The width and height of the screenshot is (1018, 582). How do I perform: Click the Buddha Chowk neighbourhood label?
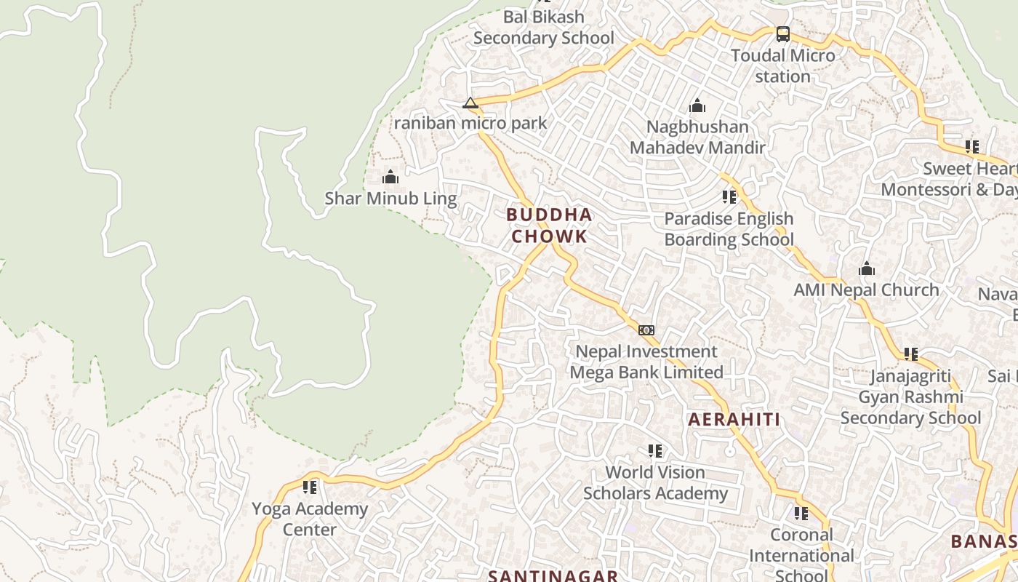click(x=549, y=226)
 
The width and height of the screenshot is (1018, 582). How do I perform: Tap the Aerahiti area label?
click(x=734, y=420)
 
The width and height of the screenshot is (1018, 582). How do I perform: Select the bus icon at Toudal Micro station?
click(x=782, y=33)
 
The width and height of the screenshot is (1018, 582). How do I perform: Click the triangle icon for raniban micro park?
click(x=470, y=103)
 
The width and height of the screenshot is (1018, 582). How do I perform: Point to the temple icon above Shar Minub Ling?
click(x=390, y=177)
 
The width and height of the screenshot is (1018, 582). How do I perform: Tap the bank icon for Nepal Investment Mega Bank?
click(x=646, y=330)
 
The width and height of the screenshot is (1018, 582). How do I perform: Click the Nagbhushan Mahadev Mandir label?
click(x=697, y=137)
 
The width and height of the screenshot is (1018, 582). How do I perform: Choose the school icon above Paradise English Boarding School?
click(x=729, y=196)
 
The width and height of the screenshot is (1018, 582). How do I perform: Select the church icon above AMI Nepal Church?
click(x=866, y=269)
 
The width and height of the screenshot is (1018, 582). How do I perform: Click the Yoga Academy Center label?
click(x=310, y=519)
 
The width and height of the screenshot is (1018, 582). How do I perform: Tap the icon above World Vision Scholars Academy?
click(x=655, y=451)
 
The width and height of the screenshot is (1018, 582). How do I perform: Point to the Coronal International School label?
click(x=801, y=555)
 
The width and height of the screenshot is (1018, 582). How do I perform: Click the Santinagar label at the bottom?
click(x=553, y=575)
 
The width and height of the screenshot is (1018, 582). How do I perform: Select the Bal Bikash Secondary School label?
click(x=544, y=27)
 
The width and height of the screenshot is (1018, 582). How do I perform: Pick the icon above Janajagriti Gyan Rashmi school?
click(x=910, y=354)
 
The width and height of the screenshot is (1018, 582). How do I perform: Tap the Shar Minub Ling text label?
click(x=390, y=199)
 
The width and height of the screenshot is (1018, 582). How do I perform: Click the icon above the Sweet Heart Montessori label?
click(x=972, y=147)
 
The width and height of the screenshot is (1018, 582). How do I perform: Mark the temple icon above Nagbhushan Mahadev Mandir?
click(x=697, y=106)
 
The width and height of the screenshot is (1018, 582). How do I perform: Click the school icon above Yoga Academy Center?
click(x=310, y=487)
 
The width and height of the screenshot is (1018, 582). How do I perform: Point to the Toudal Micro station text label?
click(x=782, y=65)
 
